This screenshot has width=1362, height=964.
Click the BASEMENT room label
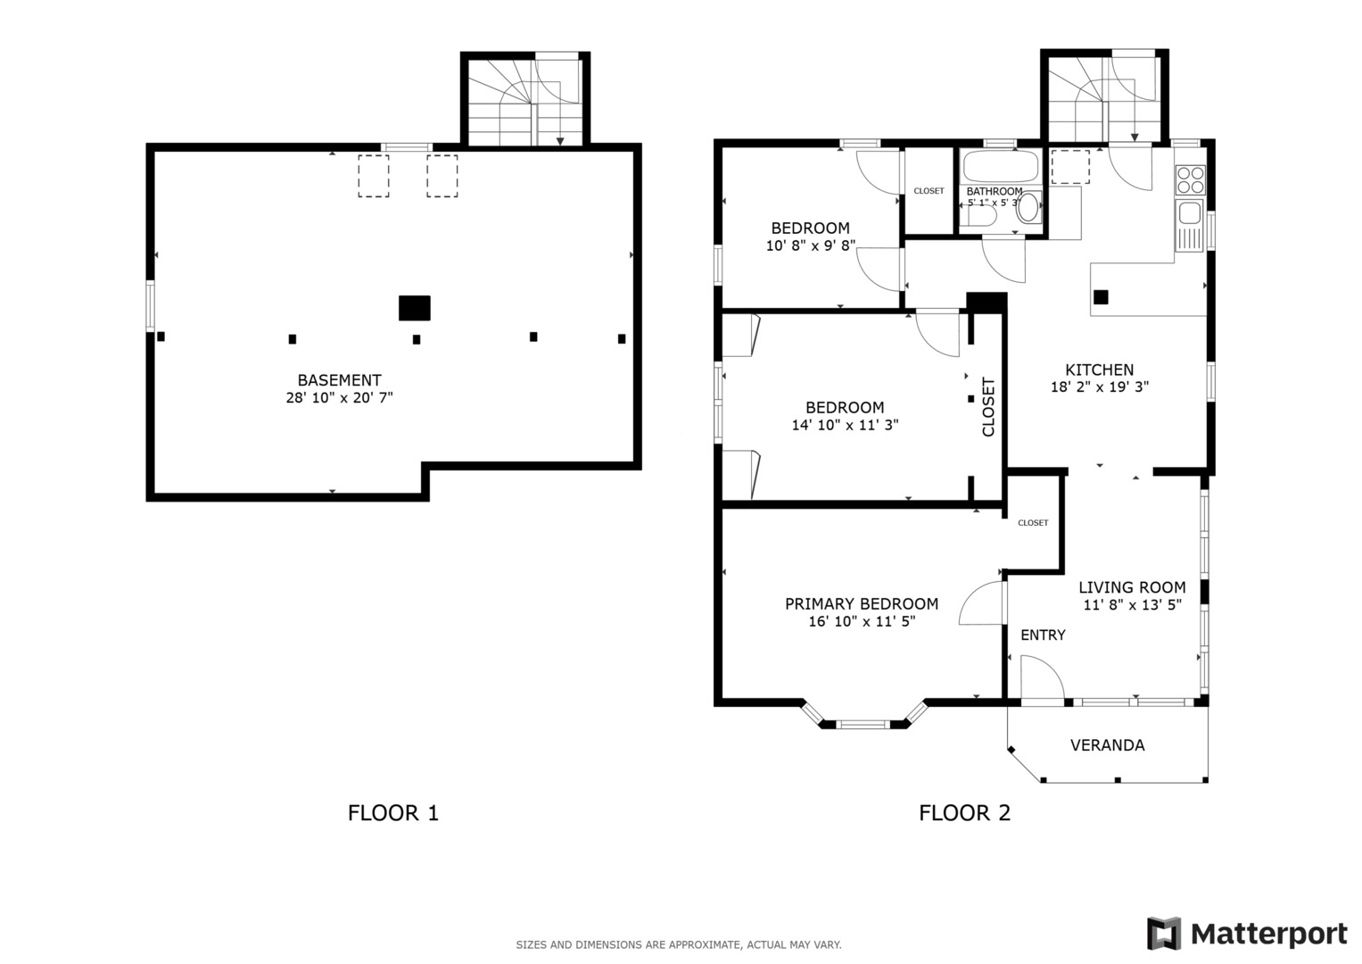[339, 380]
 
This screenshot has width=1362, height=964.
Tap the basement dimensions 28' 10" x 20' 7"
[339, 398]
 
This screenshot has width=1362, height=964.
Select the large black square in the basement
[415, 308]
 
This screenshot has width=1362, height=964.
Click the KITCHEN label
[1100, 370]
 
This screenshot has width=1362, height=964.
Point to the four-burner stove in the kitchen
[1191, 179]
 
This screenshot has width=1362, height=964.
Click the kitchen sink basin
[1190, 213]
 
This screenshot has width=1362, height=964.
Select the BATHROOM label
[995, 191]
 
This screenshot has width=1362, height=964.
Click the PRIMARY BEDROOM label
[862, 604]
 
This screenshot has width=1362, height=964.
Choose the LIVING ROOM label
[1132, 587]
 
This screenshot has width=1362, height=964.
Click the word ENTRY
[1043, 636]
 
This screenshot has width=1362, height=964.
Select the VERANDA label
[1107, 745]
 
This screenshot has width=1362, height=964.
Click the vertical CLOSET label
[988, 406]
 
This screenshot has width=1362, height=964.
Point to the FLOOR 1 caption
[392, 813]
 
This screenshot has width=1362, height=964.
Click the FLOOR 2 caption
[964, 813]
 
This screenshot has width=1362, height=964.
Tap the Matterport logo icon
[1164, 934]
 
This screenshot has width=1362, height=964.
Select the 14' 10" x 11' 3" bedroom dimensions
[845, 426]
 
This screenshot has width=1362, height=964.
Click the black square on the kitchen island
[1101, 297]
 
